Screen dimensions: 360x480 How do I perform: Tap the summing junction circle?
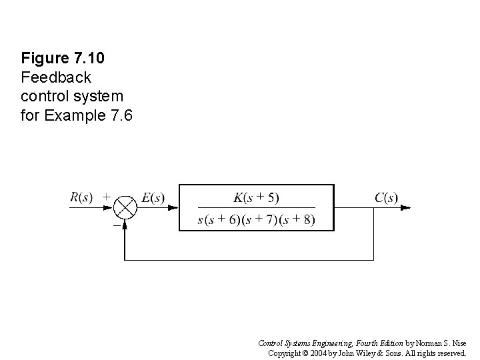click(x=125, y=207)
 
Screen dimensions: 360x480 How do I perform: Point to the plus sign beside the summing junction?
click(x=107, y=197)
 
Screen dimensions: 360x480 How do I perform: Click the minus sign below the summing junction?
click(x=116, y=225)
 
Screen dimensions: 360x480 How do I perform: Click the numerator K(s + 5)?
click(x=257, y=197)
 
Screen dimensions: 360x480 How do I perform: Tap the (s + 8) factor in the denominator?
click(x=298, y=219)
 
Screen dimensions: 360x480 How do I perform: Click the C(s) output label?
click(x=386, y=197)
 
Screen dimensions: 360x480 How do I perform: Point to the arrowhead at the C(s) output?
click(x=405, y=207)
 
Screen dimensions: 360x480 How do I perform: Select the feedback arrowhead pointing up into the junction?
click(x=125, y=223)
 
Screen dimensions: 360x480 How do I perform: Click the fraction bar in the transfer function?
click(x=257, y=208)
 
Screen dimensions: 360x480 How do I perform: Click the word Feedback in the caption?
click(x=51, y=77)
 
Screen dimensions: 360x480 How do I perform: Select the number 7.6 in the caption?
click(x=119, y=116)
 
